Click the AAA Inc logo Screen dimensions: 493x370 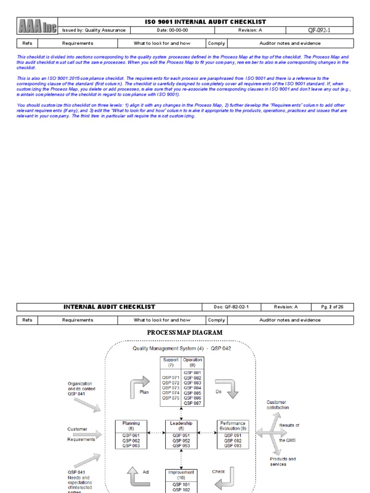pyautogui.click(x=37, y=26)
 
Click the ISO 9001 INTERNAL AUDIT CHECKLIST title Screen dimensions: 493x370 pyautogui.click(x=205, y=22)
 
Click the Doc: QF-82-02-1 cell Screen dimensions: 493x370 pyautogui.click(x=231, y=307)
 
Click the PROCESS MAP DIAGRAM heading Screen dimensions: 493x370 pyautogui.click(x=185, y=332)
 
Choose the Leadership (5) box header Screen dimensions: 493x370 pyautogui.click(x=181, y=426)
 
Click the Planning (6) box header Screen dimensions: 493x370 pyautogui.click(x=131, y=426)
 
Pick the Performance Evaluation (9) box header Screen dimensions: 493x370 pyautogui.click(x=233, y=426)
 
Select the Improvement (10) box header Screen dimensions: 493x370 pyautogui.click(x=181, y=475)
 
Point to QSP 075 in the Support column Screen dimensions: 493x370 pyautogui.click(x=171, y=398)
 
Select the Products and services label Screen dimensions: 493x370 pyautogui.click(x=282, y=461)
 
